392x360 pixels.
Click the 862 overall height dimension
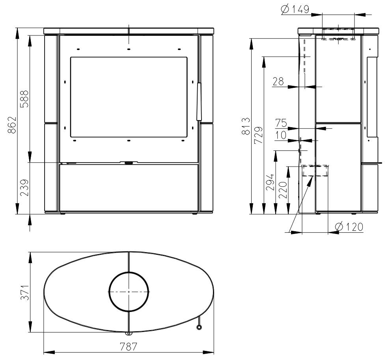click(x=12, y=125)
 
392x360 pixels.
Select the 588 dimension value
click(x=25, y=99)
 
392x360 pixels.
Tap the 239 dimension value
click(x=25, y=188)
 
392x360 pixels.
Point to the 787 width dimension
click(x=129, y=347)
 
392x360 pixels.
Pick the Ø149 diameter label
click(x=295, y=9)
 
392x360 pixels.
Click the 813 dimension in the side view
click(x=245, y=126)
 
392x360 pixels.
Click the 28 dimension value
click(x=278, y=82)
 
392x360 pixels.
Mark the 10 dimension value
click(x=281, y=135)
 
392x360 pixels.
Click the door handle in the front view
click(x=199, y=101)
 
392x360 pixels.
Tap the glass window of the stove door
click(x=129, y=97)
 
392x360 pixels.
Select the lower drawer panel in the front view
click(x=129, y=187)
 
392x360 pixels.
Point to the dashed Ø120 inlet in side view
click(x=315, y=171)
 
